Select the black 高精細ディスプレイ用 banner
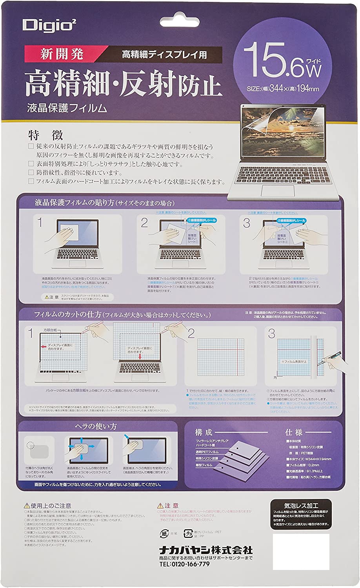pyautogui.click(x=164, y=54)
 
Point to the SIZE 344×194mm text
pyautogui.click(x=282, y=89)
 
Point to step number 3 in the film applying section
pyautogui.click(x=246, y=223)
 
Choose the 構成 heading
pyautogui.click(x=204, y=432)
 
